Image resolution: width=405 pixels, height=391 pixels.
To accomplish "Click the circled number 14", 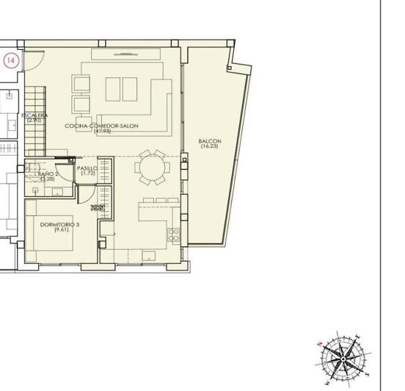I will click(10, 61).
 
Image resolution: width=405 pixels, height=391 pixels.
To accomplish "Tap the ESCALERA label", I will click(34, 115).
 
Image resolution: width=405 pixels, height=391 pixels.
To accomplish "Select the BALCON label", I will click(208, 141).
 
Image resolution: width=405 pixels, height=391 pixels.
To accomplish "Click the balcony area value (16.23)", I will click(208, 146).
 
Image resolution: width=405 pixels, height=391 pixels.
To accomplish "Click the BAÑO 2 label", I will click(48, 174).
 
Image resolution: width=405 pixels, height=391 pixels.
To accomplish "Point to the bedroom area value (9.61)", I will click(59, 231).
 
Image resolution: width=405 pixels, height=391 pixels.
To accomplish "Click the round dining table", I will click(154, 168).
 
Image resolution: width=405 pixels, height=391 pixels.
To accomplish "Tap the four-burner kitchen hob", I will click(175, 236).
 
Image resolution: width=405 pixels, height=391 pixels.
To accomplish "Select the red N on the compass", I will click(318, 344).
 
